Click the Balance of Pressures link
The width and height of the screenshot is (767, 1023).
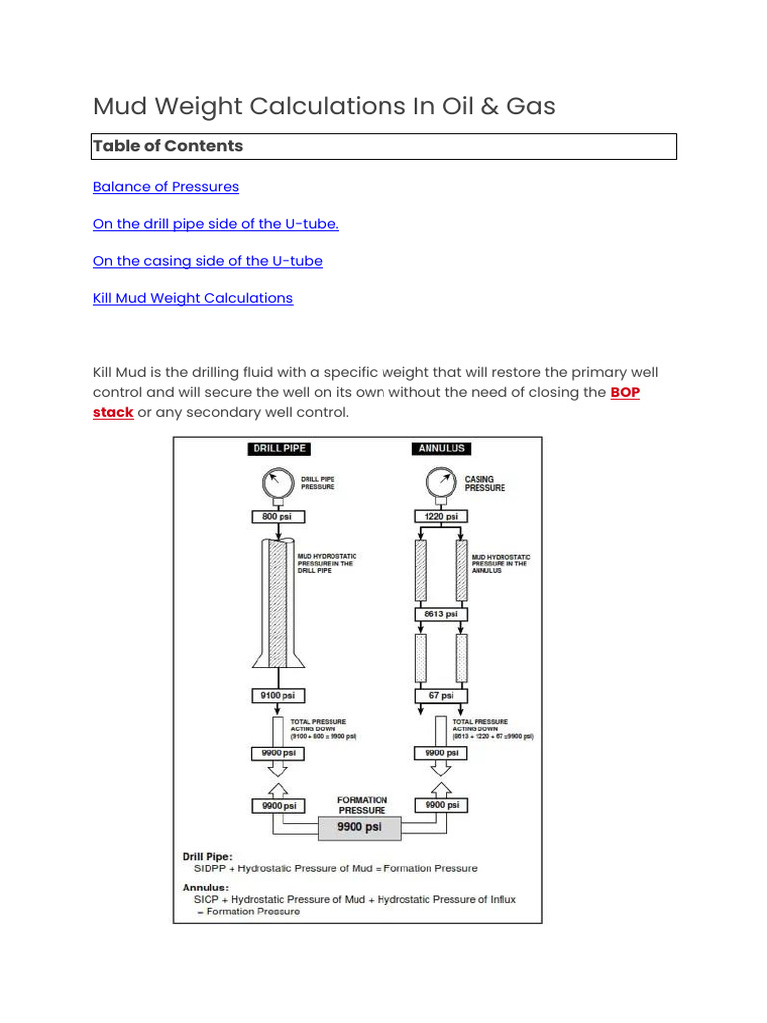pyautogui.click(x=166, y=187)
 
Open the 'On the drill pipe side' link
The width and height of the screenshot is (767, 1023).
pyautogui.click(x=216, y=224)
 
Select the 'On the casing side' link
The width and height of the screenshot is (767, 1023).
pyautogui.click(x=208, y=261)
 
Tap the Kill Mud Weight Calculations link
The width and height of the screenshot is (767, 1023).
pyautogui.click(x=193, y=298)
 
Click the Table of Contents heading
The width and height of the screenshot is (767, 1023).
pyautogui.click(x=168, y=146)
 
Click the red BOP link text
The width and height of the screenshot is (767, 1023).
pyautogui.click(x=625, y=393)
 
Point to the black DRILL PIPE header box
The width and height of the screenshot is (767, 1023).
pyautogui.click(x=278, y=449)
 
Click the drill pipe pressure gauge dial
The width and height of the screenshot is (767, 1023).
pyautogui.click(x=277, y=484)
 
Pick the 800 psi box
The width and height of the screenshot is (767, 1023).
pyautogui.click(x=277, y=517)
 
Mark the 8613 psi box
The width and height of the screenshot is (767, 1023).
pyautogui.click(x=440, y=614)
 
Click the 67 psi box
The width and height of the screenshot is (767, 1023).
pyautogui.click(x=440, y=696)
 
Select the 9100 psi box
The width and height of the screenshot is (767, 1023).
pyautogui.click(x=277, y=696)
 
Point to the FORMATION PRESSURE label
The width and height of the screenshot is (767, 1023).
pyautogui.click(x=362, y=805)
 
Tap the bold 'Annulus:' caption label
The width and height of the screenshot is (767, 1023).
pyautogui.click(x=205, y=887)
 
